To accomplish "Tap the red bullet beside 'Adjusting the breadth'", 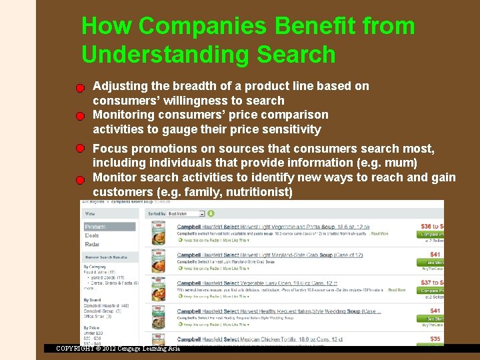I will pyautogui.click(x=79, y=87).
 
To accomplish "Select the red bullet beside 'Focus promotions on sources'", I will pyautogui.click(x=79, y=148).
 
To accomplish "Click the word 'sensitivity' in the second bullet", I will pyautogui.click(x=287, y=129).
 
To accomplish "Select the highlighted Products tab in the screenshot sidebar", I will pyautogui.click(x=109, y=227).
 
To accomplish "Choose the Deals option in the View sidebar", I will pyautogui.click(x=92, y=235).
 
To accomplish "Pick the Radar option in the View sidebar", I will pyautogui.click(x=92, y=245).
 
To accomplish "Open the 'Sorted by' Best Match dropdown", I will pyautogui.click(x=186, y=214).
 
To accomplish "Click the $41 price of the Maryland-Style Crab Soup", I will pyautogui.click(x=435, y=255).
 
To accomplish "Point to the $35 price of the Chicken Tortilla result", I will pyautogui.click(x=435, y=339).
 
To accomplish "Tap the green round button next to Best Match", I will pyautogui.click(x=211, y=214).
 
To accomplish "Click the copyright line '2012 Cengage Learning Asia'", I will pyautogui.click(x=118, y=349).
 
